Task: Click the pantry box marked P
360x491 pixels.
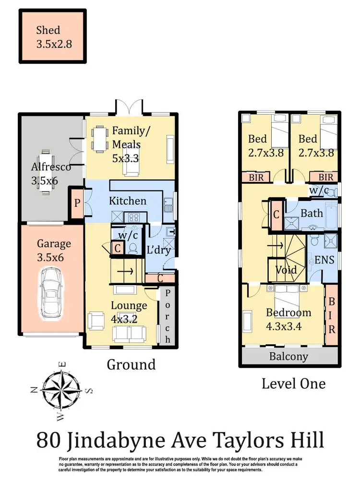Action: [77, 203]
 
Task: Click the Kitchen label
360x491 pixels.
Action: [127, 200]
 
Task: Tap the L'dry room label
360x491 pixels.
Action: [159, 250]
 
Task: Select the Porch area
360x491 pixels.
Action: [168, 316]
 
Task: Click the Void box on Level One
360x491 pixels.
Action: [286, 270]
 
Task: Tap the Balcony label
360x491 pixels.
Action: [288, 357]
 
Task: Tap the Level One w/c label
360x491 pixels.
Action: [320, 190]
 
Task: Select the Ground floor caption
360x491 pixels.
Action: [131, 364]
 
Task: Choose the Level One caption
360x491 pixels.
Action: [293, 383]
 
